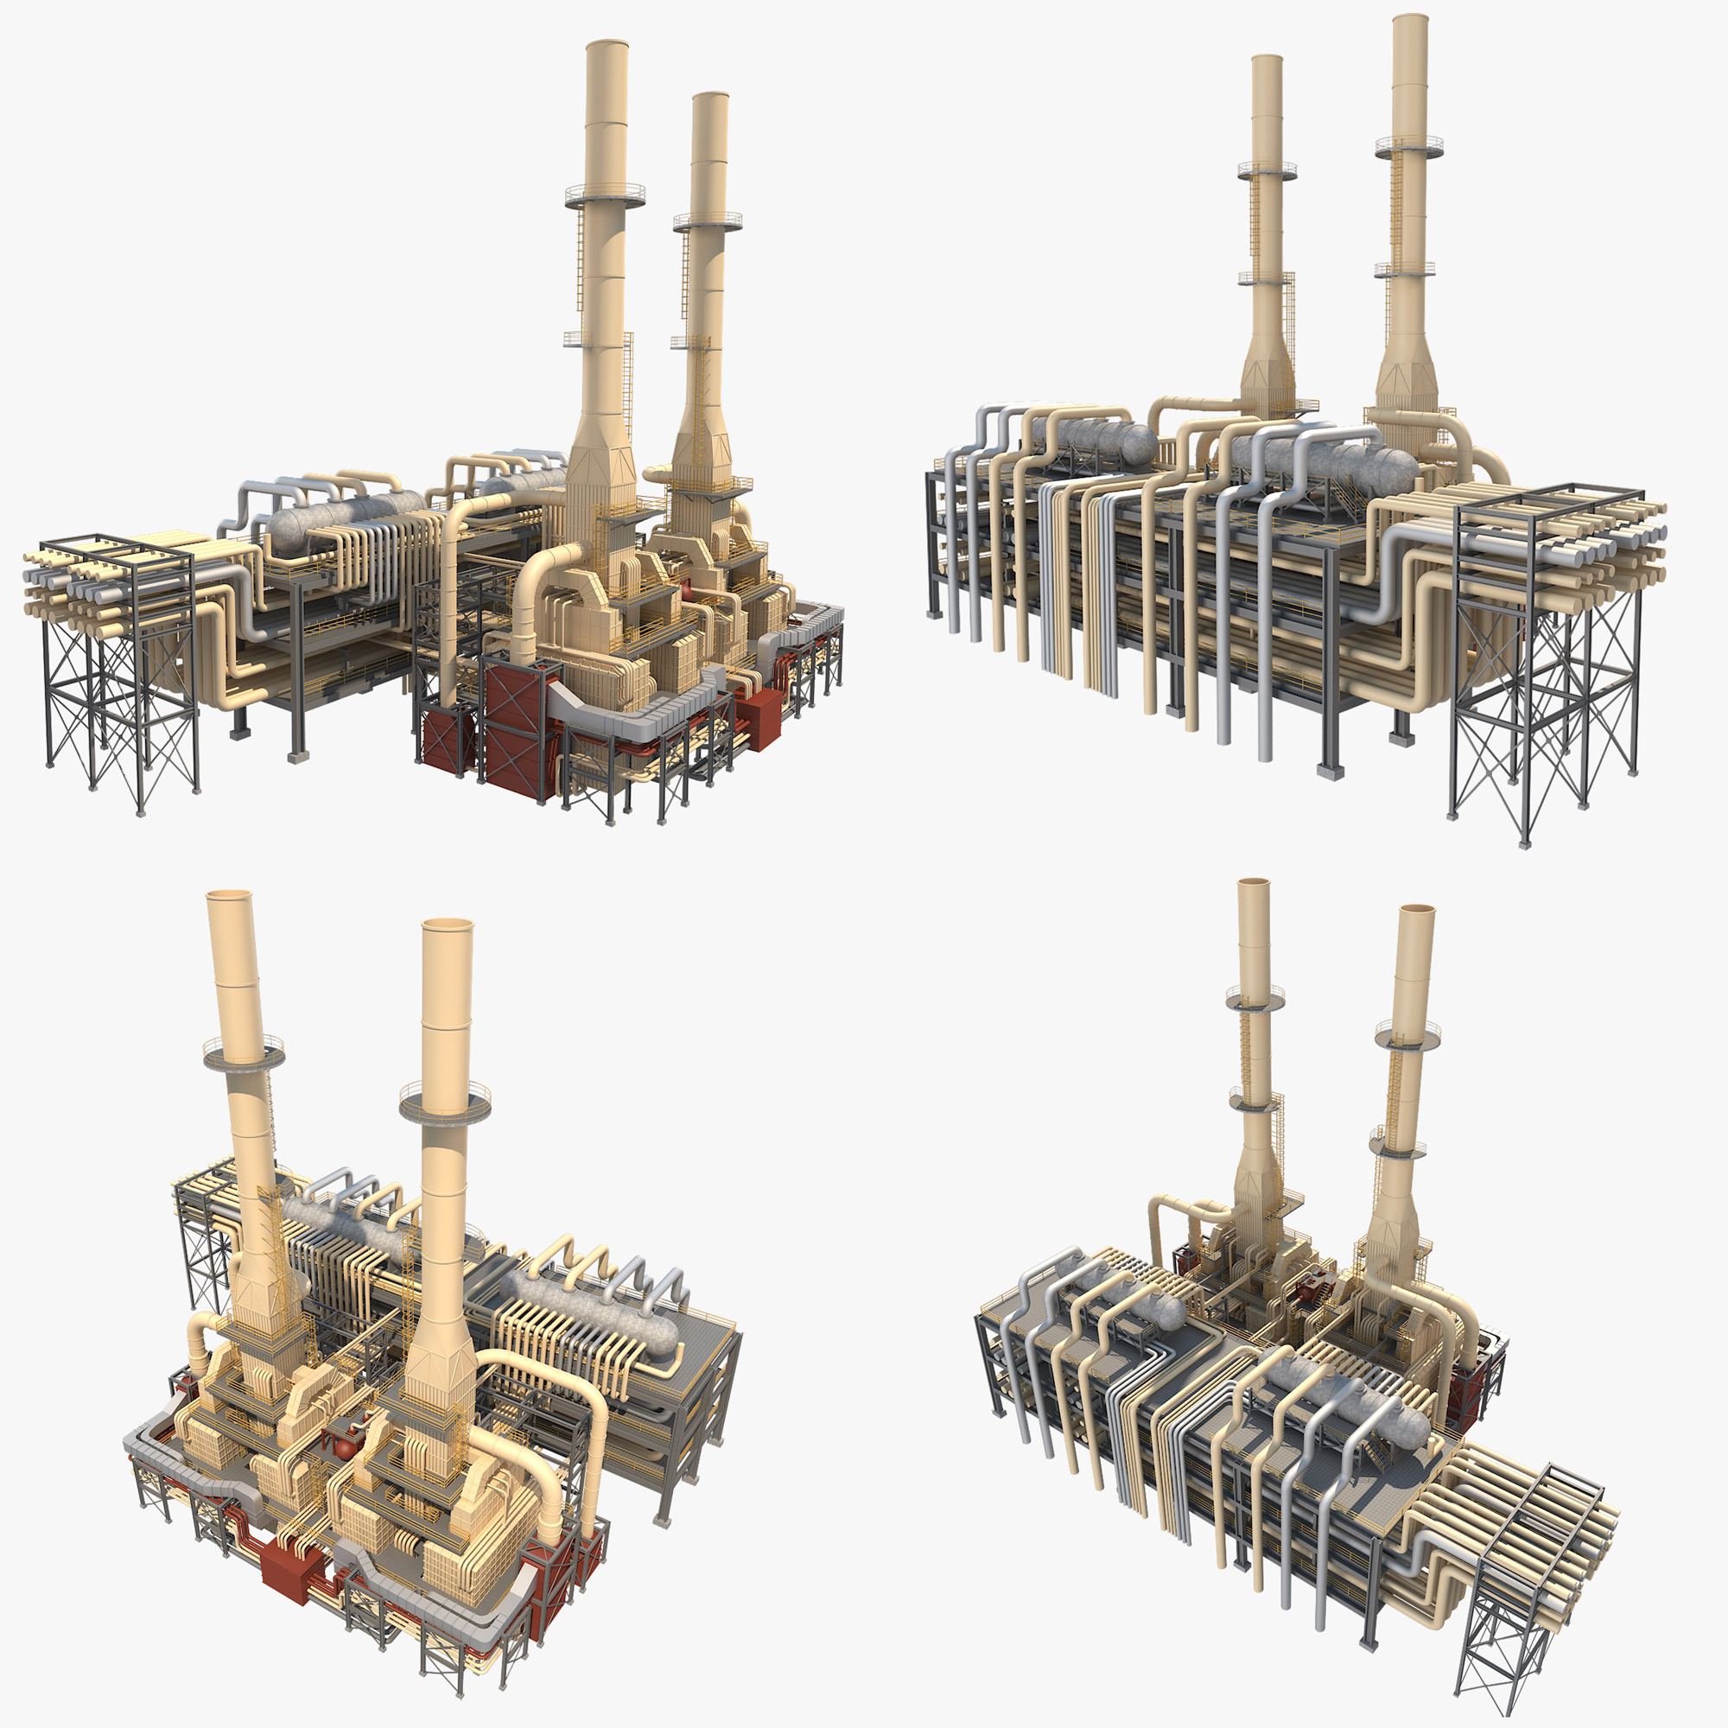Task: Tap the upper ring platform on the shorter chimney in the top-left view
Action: [708, 220]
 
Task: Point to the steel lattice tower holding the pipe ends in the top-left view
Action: [121, 680]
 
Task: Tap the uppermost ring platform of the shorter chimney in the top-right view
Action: [1267, 169]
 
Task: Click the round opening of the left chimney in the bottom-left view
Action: [230, 894]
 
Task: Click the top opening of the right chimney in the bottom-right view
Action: [1417, 910]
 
